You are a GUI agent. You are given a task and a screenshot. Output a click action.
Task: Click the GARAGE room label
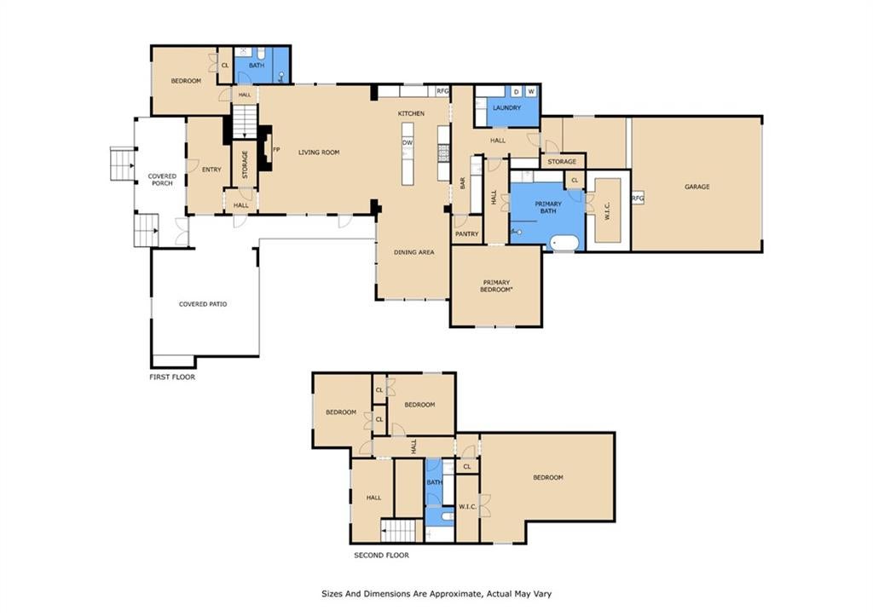click(x=697, y=187)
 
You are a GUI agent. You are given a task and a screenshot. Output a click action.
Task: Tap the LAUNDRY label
click(x=506, y=108)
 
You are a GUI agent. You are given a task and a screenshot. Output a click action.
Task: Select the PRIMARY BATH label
click(x=548, y=208)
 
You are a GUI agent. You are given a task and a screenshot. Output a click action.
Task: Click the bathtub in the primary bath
click(x=564, y=243)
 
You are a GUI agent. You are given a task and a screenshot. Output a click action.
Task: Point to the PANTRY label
click(x=466, y=234)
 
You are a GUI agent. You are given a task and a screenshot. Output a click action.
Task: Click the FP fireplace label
click(x=276, y=150)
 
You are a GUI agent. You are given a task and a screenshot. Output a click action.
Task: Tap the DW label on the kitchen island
click(x=408, y=143)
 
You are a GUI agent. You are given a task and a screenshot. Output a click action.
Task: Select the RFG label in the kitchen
click(x=442, y=91)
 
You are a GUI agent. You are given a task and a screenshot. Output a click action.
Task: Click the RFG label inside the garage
click(x=638, y=199)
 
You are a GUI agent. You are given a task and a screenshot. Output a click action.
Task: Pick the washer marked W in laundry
click(x=531, y=91)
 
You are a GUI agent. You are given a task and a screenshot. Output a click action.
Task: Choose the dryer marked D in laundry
click(x=516, y=91)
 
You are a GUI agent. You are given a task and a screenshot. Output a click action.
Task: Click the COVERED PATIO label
click(x=203, y=304)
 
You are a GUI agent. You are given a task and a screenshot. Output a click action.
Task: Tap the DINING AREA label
click(x=413, y=253)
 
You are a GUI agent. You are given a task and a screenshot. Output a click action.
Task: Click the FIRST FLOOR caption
click(x=172, y=377)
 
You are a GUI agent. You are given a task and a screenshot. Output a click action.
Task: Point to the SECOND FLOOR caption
click(x=381, y=556)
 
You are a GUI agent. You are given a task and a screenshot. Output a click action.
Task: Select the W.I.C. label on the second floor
click(x=467, y=507)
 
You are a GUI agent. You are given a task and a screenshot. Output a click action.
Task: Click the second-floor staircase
click(x=399, y=530)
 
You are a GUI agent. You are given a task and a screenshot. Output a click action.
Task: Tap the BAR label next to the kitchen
click(x=462, y=183)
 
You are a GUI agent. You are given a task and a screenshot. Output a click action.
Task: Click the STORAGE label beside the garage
click(x=562, y=162)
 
